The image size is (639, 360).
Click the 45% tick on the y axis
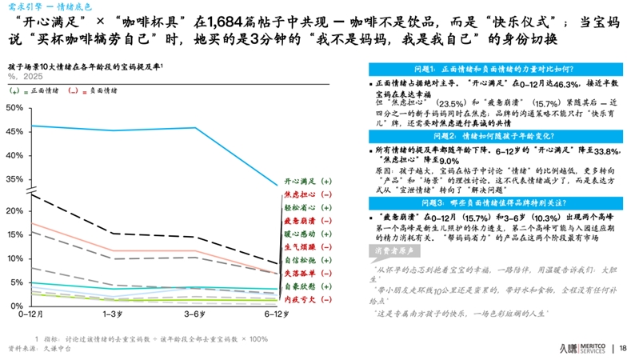coord(14,130)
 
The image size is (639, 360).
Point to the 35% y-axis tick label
coord(14,178)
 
